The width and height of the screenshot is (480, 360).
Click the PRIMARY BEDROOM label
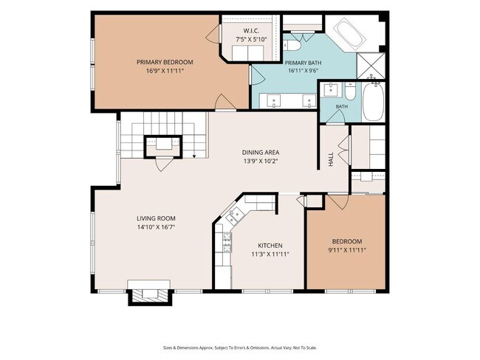click(x=165, y=63)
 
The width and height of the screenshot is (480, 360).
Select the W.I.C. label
click(x=251, y=31)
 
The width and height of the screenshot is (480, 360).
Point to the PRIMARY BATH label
click(x=303, y=63)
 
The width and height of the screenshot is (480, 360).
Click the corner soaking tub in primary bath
click(x=351, y=34)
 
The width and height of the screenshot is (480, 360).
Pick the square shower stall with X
click(x=371, y=66)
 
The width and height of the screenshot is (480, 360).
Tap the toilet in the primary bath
click(x=293, y=46)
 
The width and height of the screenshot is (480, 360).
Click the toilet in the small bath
click(x=350, y=91)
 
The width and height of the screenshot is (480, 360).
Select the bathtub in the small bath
click(x=373, y=102)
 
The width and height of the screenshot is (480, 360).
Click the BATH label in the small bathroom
click(x=342, y=107)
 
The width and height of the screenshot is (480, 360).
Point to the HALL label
click(x=331, y=159)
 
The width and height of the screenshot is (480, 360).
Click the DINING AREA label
click(x=261, y=152)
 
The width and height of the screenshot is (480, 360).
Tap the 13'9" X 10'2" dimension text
click(x=261, y=162)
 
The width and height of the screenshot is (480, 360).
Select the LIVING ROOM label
click(x=156, y=218)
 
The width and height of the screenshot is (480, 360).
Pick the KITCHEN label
click(x=270, y=246)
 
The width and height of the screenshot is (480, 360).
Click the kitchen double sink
click(x=235, y=214)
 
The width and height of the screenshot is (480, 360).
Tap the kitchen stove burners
click(x=227, y=242)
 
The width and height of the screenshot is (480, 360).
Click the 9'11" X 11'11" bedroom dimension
click(x=347, y=250)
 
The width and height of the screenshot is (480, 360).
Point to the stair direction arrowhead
click(x=194, y=157)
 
